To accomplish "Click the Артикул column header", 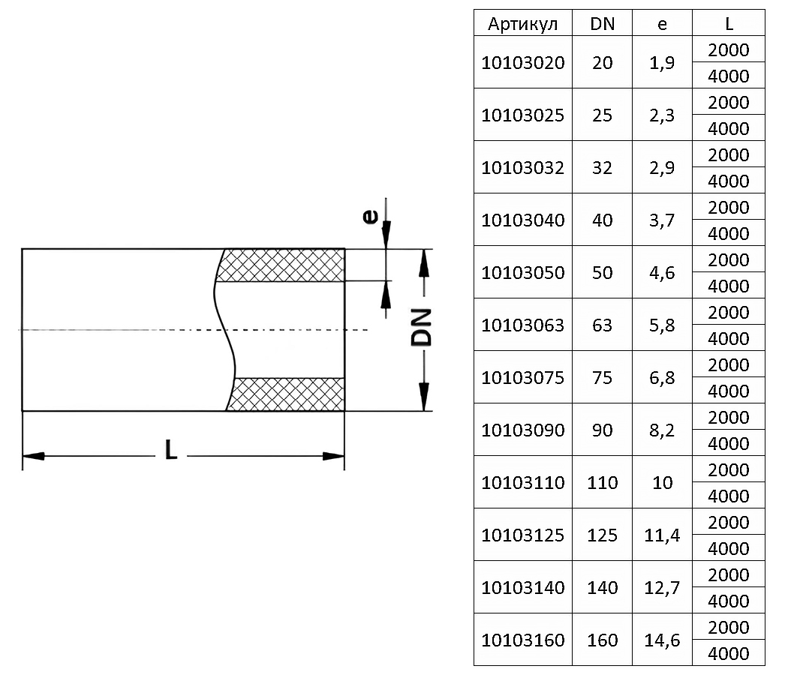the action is point(522,24).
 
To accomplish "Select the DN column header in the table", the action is point(602,23).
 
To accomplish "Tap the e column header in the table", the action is point(662,24).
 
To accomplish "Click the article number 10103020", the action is point(522,63).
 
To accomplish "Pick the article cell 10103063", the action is point(522,325).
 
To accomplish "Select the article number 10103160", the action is point(522,640).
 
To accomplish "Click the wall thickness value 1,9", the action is point(662,63).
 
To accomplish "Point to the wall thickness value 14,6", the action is point(662,640).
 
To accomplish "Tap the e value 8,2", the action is point(662,430).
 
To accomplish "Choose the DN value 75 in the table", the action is point(602,378).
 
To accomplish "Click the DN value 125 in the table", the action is point(602,535).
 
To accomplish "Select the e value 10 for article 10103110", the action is point(663,483).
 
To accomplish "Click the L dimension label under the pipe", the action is point(171,449).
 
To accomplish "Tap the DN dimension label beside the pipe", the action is point(422,327).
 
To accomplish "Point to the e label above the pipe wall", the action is point(371,217).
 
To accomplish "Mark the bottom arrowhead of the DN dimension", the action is point(424,397).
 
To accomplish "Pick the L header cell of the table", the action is point(729,23).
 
